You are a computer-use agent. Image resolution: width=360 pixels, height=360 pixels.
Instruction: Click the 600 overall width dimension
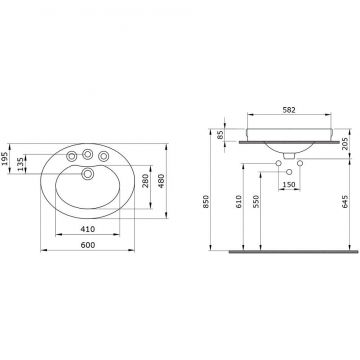[x=88, y=245]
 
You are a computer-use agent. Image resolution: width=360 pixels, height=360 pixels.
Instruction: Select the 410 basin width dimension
[x=88, y=229]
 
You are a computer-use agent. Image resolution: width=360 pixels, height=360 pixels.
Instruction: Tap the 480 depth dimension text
[x=161, y=180]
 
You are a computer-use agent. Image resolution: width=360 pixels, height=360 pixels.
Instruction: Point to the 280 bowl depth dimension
[x=145, y=180]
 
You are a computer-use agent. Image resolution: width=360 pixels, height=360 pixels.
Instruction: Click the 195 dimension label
[x=4, y=158]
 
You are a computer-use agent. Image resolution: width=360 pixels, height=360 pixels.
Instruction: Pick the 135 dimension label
[x=20, y=164]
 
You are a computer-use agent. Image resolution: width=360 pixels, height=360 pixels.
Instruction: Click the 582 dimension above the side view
[x=289, y=110]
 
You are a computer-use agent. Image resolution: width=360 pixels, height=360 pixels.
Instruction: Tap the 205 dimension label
[x=345, y=144]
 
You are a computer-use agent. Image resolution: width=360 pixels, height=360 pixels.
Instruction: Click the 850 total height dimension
[x=205, y=202]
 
